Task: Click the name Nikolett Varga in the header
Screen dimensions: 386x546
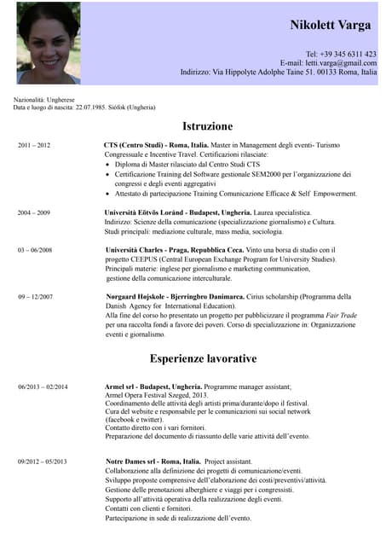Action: [x=330, y=25]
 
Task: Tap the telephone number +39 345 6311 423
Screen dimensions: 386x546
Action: [x=341, y=54]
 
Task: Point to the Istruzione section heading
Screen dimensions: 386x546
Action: [x=208, y=126]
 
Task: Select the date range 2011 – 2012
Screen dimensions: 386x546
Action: [x=34, y=146]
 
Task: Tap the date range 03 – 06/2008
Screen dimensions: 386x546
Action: [x=35, y=250]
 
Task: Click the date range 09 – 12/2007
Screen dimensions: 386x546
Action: [x=35, y=297]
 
